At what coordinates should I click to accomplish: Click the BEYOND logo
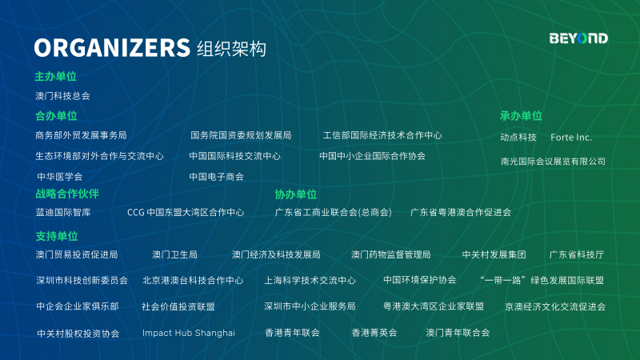coord(578,38)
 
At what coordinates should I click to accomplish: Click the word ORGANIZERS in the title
coord(112,48)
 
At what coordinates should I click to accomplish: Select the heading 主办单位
coord(55,76)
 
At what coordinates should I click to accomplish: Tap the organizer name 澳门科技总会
coord(62,96)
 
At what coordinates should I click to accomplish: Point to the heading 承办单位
coord(521,116)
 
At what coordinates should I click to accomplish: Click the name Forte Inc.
coord(571,137)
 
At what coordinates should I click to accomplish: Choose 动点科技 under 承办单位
coord(518,137)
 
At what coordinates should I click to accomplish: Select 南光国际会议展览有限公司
coord(553,162)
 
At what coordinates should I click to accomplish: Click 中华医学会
coord(59,177)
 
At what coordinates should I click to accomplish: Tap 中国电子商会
coord(216,177)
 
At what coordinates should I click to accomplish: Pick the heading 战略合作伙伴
coord(67,194)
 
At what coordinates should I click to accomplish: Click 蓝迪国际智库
coord(63,212)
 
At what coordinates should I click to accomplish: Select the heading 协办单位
coord(295,194)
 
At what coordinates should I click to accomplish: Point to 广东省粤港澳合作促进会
coord(461,212)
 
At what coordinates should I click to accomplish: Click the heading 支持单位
coord(56,236)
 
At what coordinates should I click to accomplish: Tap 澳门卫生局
coord(174,254)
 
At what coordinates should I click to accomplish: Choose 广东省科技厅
coord(576,254)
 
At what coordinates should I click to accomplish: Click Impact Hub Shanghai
coord(189,333)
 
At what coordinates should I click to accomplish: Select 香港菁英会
coord(374,333)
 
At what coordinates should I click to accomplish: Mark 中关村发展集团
coord(494,254)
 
